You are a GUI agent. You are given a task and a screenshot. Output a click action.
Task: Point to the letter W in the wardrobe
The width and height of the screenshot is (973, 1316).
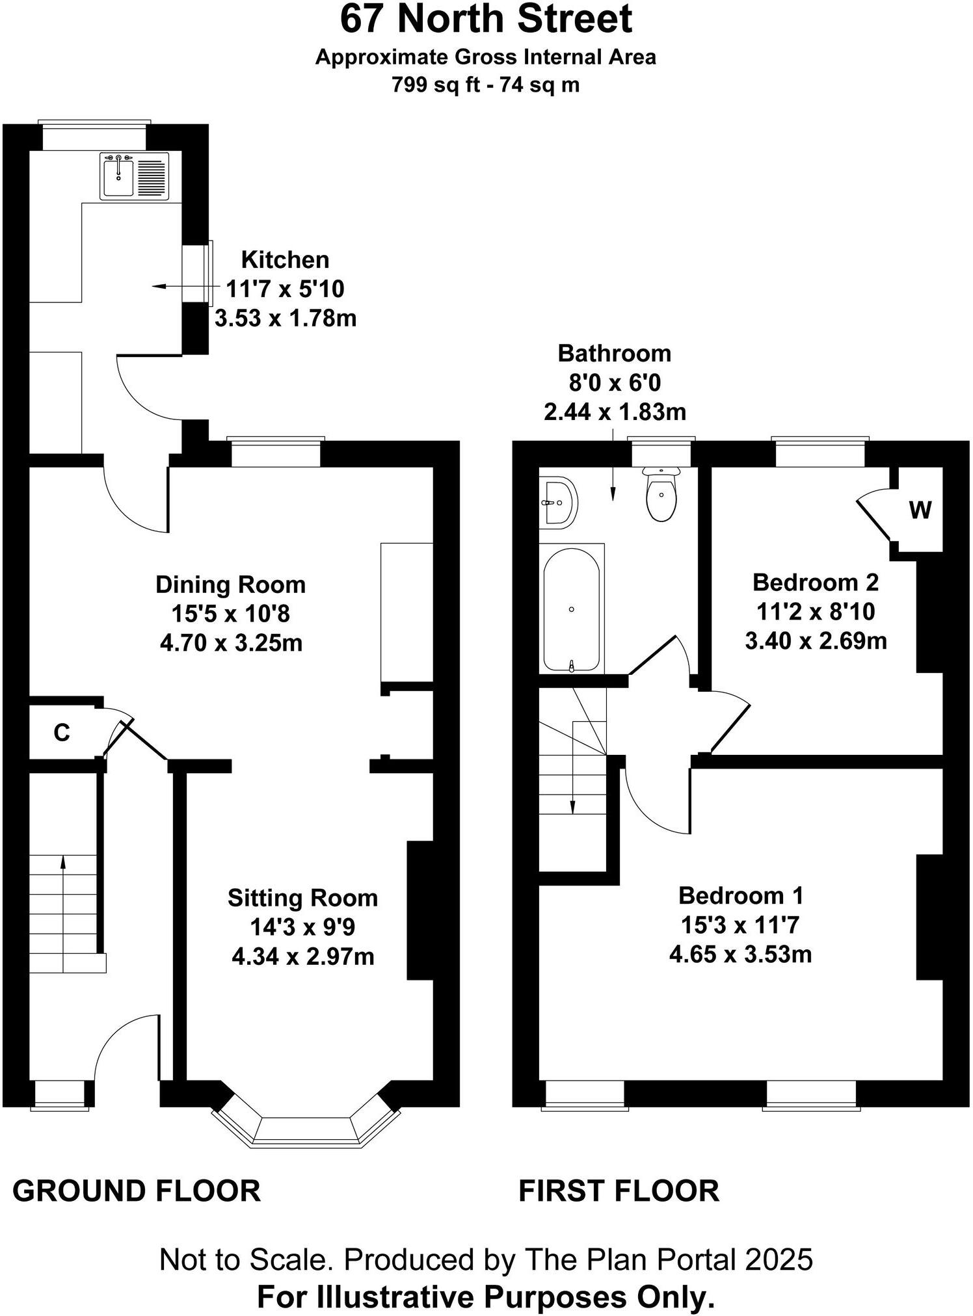coord(920,510)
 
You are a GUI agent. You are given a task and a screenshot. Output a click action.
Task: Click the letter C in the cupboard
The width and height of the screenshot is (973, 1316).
coord(61,733)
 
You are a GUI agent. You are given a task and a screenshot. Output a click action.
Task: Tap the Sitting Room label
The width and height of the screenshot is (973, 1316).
coord(302,898)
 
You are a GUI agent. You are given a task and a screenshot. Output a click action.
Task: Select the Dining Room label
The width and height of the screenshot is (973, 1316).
coord(230,585)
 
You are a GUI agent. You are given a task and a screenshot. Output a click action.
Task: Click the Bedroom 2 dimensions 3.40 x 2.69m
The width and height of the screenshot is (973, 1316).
coord(816,641)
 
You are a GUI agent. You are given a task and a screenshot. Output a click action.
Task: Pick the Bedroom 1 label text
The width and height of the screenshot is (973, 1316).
coord(741,895)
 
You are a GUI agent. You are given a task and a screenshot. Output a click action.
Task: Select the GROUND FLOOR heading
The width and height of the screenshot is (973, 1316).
coord(137,1191)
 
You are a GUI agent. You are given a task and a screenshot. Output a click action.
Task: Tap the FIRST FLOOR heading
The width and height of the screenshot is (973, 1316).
coord(619,1191)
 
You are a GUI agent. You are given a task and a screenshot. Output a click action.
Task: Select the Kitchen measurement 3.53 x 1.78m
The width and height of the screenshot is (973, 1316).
coord(286,319)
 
